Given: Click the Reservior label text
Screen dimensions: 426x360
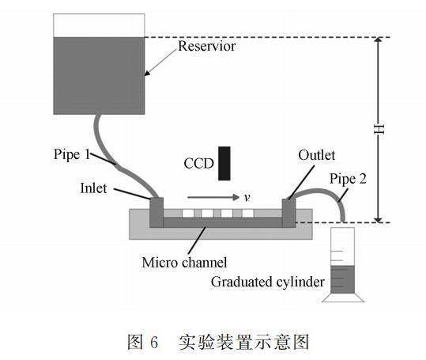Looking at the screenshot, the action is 207,46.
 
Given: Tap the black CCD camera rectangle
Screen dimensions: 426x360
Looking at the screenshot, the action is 224,164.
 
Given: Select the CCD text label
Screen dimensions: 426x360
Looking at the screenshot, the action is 198,164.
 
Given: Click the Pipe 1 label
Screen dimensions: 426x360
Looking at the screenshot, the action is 72,154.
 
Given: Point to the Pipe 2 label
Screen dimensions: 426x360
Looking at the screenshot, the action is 348,179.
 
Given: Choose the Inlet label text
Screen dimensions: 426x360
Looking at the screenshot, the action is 93,188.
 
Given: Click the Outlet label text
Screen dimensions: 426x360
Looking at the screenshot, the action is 316,155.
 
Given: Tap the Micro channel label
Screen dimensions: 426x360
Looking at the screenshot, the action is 184,263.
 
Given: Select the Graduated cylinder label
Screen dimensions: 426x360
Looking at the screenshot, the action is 268,282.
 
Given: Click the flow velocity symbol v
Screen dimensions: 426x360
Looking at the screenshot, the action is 247,197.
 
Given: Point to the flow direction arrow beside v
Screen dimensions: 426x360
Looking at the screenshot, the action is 213,197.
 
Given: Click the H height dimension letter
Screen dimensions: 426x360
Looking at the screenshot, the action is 379,129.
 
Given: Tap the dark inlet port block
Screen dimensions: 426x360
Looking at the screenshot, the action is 156,212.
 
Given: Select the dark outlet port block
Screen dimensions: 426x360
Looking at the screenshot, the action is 288,213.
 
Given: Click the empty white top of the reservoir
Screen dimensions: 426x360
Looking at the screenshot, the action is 99,25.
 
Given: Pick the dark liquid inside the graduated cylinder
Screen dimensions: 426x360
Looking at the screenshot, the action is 342,279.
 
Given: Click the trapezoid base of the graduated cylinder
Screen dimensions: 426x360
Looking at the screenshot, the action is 343,297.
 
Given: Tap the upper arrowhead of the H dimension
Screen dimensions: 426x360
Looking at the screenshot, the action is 379,40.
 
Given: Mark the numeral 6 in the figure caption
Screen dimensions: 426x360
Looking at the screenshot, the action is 154,343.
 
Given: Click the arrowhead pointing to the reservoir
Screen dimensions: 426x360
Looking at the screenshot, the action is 147,73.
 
